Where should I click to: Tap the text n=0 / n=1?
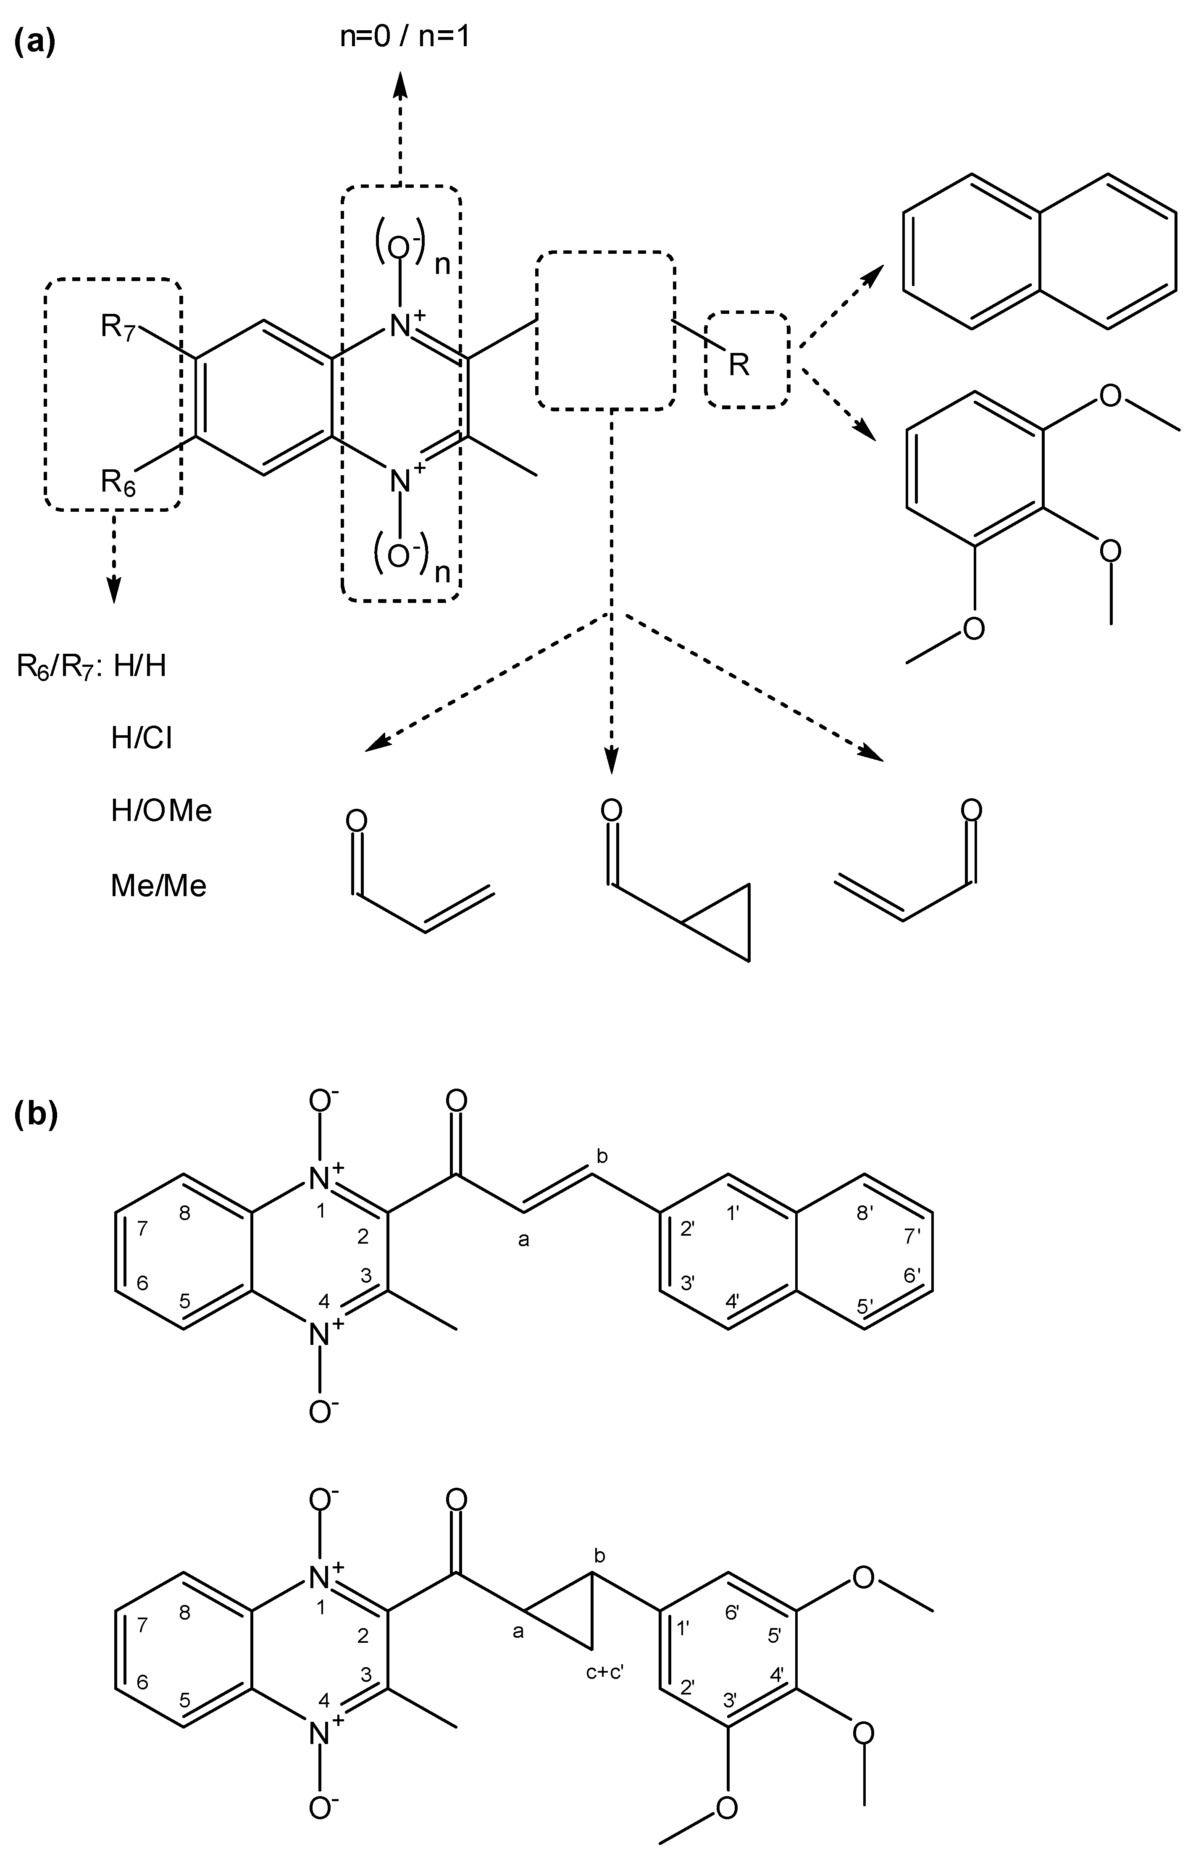(x=405, y=37)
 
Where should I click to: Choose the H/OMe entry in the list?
(x=161, y=811)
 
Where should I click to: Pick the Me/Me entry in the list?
(x=159, y=885)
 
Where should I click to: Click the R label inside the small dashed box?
(x=740, y=364)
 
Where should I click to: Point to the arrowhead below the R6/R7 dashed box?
(x=114, y=590)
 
